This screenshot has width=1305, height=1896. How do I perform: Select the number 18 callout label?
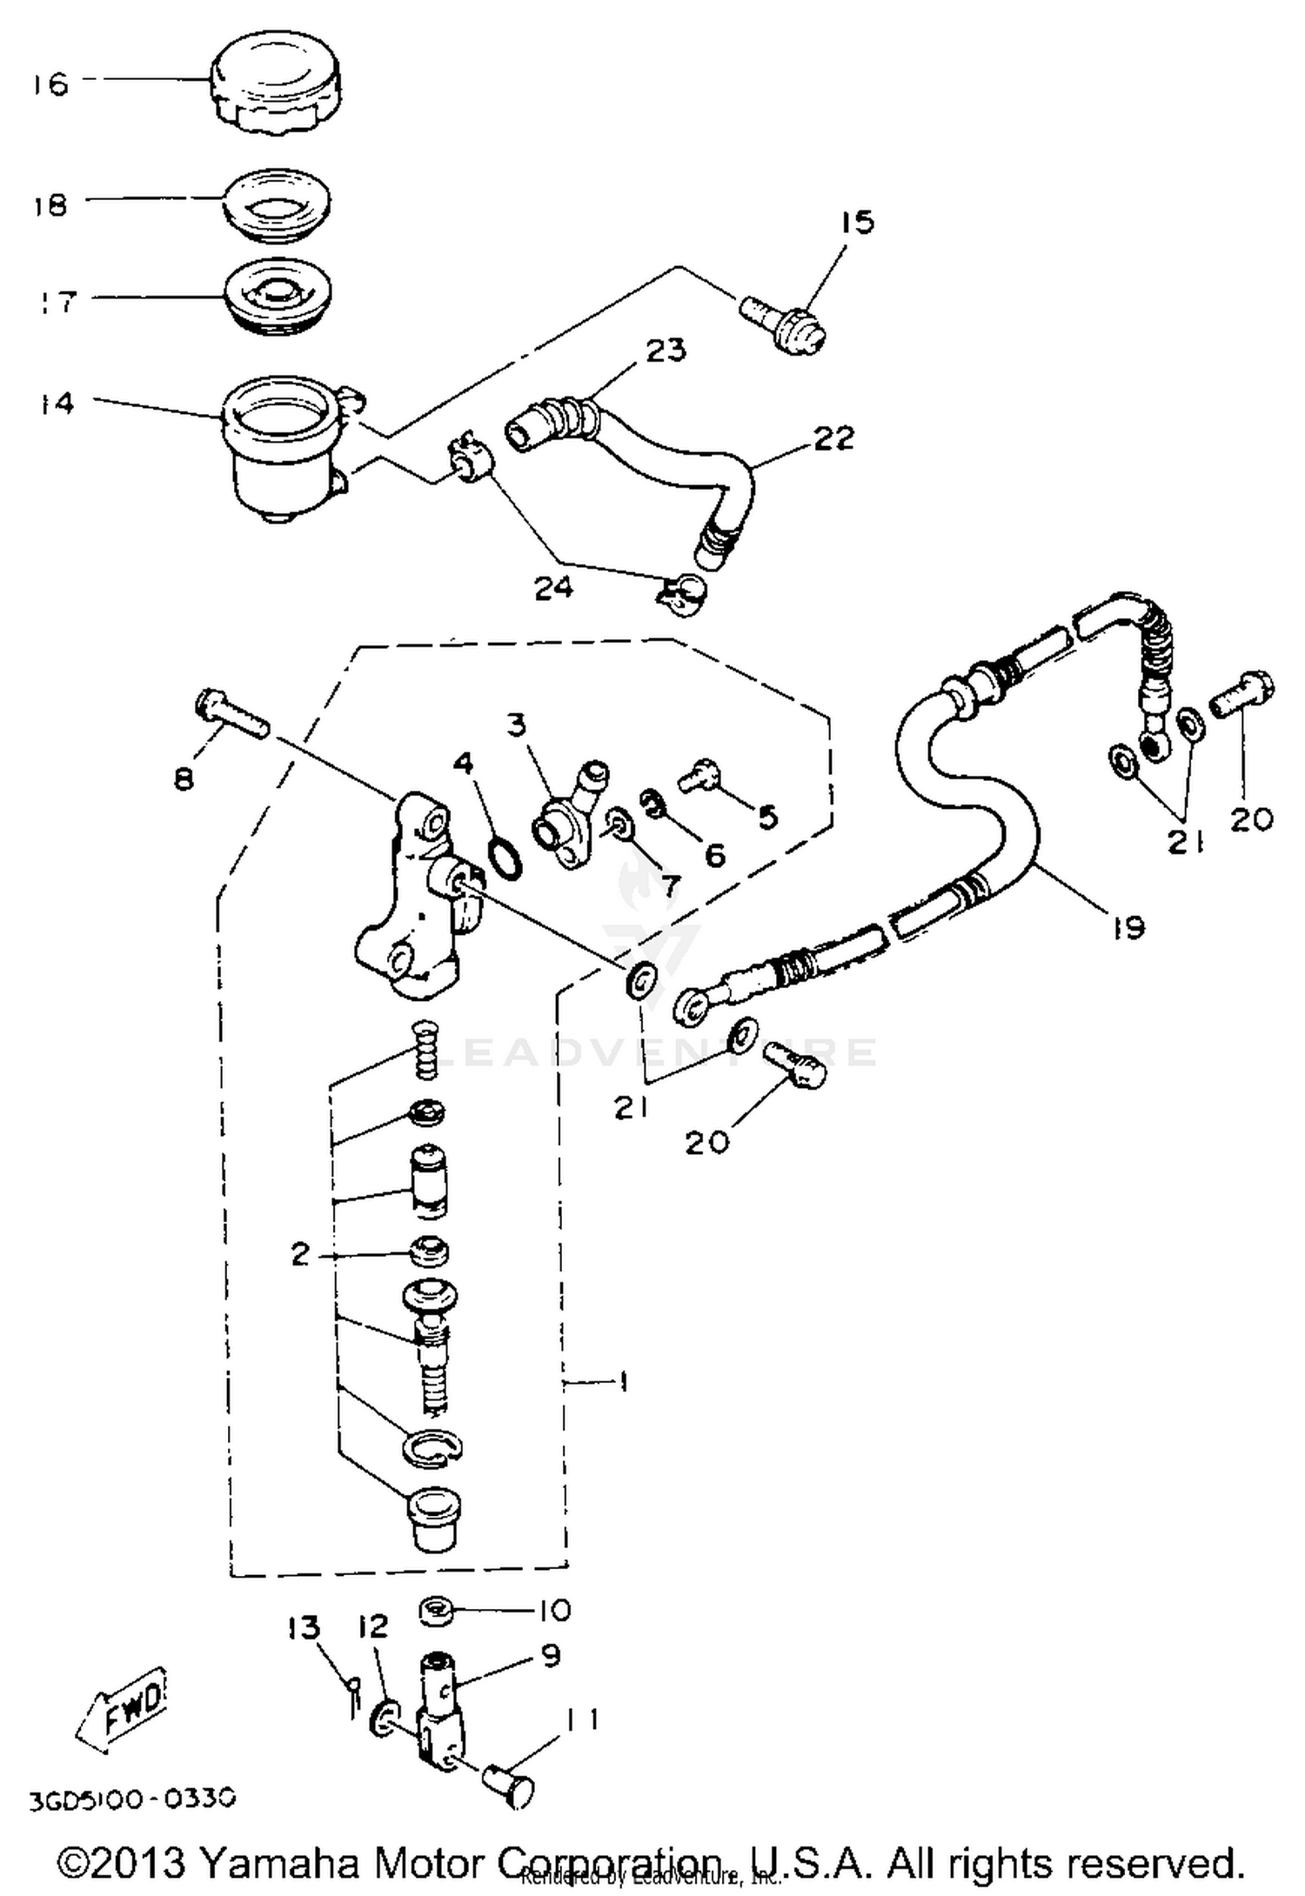pos(50,205)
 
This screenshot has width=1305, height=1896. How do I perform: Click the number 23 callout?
pos(665,350)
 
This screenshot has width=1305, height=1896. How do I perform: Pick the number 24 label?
pos(553,589)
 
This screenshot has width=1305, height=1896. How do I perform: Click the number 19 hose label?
pos(1128,928)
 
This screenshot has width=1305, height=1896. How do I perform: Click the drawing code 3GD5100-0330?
pos(132,1799)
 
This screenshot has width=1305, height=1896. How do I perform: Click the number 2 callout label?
pos(300,1254)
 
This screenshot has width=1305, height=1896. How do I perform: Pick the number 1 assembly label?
pos(623,1381)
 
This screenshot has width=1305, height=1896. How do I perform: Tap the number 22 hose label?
pos(833,437)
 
